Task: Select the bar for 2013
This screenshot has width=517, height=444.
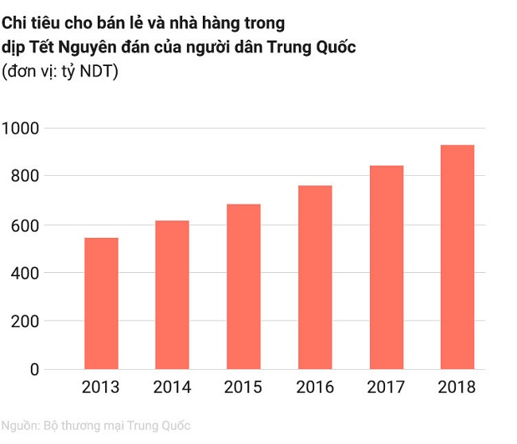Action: (101, 303)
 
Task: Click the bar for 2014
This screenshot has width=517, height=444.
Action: (172, 294)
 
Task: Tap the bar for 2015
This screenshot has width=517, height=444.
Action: (243, 286)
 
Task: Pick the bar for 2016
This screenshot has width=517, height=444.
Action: (314, 277)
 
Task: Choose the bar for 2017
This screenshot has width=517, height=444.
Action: (386, 267)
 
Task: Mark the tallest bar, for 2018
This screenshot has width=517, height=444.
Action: (457, 257)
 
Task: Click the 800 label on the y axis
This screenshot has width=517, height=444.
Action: (25, 176)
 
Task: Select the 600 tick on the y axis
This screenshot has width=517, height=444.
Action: (25, 225)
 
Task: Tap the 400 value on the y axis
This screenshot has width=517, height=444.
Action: (25, 273)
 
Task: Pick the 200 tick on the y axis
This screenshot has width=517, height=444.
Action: (25, 321)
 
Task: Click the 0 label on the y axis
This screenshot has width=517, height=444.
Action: (34, 370)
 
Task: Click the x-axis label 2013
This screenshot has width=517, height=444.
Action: (101, 388)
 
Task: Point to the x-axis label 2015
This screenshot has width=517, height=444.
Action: (243, 388)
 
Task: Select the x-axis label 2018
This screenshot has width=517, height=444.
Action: (457, 388)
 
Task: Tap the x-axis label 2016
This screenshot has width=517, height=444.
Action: (314, 388)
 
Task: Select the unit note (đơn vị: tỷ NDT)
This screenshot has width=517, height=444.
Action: (60, 71)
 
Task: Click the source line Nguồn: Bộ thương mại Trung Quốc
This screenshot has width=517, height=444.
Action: (95, 426)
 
